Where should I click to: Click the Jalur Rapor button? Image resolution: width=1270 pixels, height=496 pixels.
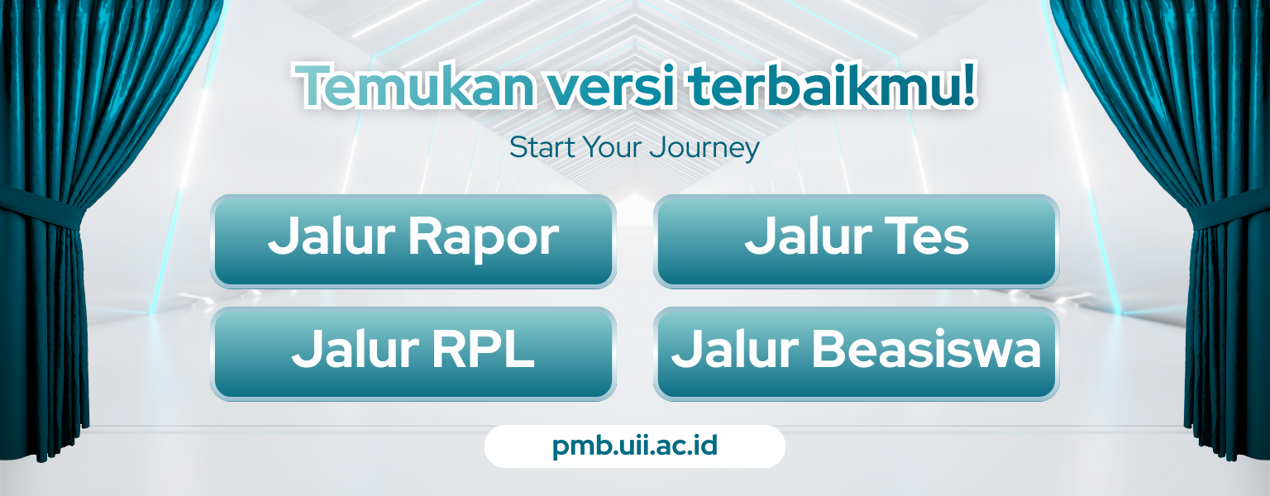pos(413,241)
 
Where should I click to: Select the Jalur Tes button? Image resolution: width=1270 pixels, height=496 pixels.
pos(856,241)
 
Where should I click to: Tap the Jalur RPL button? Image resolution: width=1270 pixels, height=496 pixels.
pos(413,354)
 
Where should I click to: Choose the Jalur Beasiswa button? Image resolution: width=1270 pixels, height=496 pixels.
pos(856,354)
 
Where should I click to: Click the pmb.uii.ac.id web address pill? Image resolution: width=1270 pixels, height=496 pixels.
pos(635,446)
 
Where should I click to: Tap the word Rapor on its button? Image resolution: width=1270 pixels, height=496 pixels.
pos(484,239)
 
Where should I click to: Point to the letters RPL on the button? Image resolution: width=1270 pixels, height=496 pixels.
pos(484,349)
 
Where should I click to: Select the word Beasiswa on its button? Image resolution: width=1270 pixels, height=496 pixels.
pos(927,349)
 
